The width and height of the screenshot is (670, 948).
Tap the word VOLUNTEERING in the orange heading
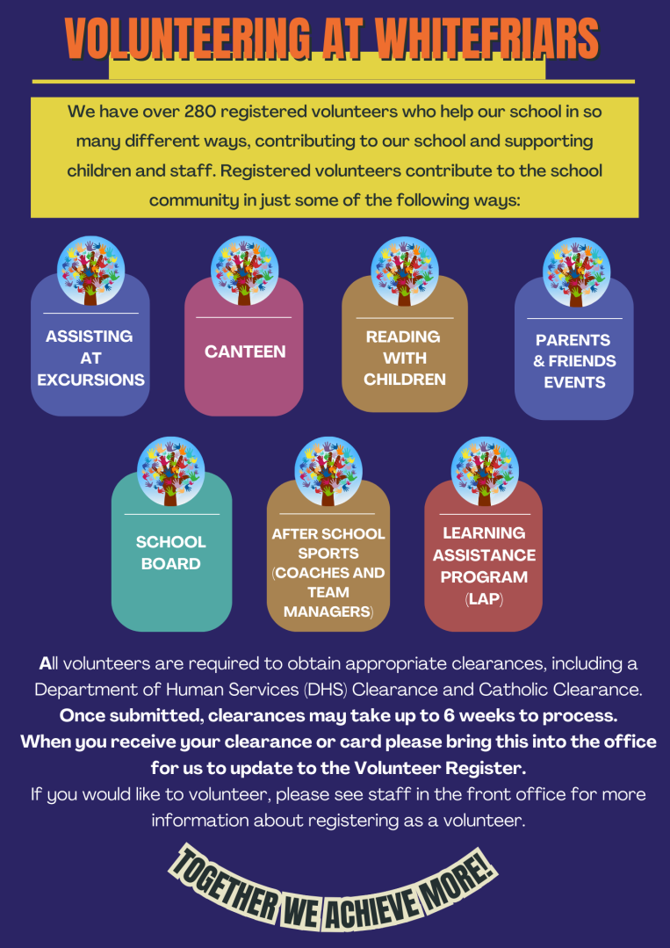188,39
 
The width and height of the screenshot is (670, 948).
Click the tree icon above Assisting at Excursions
90,271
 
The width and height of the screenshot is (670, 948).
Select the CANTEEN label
245,351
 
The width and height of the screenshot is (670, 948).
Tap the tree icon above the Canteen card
245,271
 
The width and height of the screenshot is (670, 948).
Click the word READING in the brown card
403,337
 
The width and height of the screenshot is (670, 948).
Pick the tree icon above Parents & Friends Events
576,272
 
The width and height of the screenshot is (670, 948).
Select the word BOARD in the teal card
171,563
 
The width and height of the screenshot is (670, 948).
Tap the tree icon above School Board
171,471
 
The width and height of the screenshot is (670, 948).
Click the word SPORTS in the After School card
328,554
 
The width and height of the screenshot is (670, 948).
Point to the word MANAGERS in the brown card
327,611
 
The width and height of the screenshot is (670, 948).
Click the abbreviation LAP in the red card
483,599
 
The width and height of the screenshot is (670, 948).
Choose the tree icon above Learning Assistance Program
485,471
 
